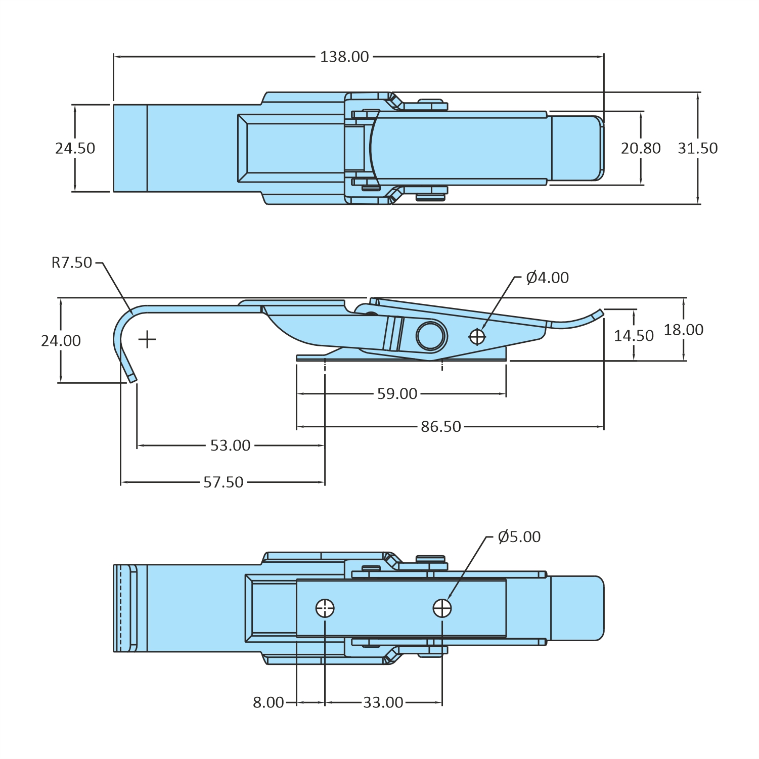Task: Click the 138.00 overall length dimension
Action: coord(344,57)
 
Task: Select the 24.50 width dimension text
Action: coord(75,148)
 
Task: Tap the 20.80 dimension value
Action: coord(641,148)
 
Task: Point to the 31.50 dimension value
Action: coord(697,148)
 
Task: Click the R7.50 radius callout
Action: coord(72,262)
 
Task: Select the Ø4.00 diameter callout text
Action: coord(547,278)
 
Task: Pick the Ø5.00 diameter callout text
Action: coord(519,537)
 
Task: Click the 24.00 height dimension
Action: coord(61,341)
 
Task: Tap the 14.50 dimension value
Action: coord(634,336)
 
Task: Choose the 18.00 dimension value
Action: coord(683,330)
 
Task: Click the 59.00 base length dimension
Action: coord(397,394)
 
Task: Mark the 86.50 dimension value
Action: coord(441,427)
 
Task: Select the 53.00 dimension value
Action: coord(230,445)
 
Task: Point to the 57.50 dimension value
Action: coord(223,482)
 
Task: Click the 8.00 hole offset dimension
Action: coord(268,702)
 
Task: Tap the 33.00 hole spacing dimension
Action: coord(383,702)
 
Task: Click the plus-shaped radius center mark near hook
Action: coord(147,339)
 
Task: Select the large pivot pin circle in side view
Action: coord(431,335)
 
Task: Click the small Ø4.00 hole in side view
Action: coord(477,336)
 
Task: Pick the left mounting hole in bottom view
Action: coord(325,608)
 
